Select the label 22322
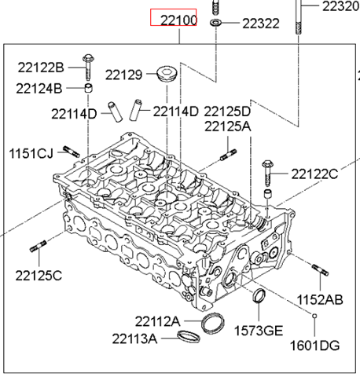coord(259,24)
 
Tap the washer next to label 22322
coord(215,24)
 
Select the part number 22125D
coord(227,112)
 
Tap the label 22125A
coord(227,126)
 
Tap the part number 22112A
coord(157,321)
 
